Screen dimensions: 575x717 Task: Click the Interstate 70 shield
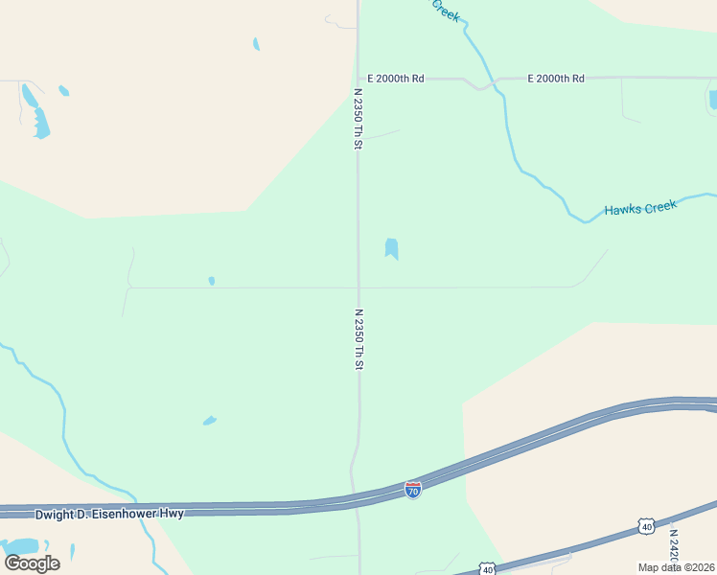(412, 490)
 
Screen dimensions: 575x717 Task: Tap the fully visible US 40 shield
(646, 526)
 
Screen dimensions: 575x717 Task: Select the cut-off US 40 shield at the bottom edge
(487, 569)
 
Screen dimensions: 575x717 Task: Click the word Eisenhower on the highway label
(144, 514)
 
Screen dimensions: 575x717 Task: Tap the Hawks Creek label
(640, 206)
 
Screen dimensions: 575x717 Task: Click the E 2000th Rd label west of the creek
(396, 79)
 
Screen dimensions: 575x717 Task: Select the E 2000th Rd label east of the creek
(556, 79)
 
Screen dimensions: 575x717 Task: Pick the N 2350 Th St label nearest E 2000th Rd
(358, 119)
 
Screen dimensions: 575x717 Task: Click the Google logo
(32, 563)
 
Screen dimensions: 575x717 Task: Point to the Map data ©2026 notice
(677, 566)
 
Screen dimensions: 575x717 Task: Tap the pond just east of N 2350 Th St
(391, 249)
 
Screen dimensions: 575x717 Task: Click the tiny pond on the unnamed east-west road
(211, 281)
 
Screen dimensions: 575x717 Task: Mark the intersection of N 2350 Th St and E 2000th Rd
(358, 79)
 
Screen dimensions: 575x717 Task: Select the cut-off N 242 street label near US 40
(674, 545)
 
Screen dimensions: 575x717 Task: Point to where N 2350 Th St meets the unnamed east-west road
(358, 287)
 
